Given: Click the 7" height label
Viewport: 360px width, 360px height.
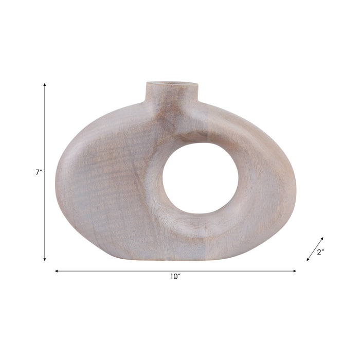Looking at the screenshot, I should pos(39,173).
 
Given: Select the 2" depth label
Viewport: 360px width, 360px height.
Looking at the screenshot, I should pos(321,252).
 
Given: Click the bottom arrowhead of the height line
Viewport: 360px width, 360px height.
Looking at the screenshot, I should pos(45,260).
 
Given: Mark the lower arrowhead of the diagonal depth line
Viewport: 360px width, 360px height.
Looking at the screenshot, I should pos(308,260).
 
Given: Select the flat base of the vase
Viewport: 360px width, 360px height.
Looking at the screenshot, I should pos(175,257).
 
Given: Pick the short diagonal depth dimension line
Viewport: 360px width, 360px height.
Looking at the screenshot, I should pos(315,249).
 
